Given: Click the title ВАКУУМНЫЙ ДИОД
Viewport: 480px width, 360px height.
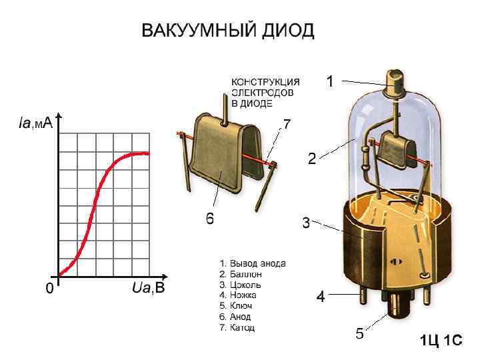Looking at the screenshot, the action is (227, 31).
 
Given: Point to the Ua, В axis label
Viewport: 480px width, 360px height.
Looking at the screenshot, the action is (147, 288).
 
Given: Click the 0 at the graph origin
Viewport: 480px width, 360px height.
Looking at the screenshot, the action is (47, 289).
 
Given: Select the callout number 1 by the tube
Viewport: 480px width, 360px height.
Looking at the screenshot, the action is (329, 81).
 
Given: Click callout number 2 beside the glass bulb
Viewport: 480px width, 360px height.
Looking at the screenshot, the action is (311, 159).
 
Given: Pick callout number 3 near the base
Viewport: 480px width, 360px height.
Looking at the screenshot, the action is (306, 223).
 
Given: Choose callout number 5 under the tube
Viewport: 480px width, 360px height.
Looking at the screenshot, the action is (359, 334).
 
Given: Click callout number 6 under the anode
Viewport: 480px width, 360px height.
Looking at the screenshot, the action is (209, 219).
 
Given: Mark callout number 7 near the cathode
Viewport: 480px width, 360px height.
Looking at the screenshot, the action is (287, 124).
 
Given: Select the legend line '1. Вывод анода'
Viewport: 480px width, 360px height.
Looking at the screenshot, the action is (253, 263).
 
